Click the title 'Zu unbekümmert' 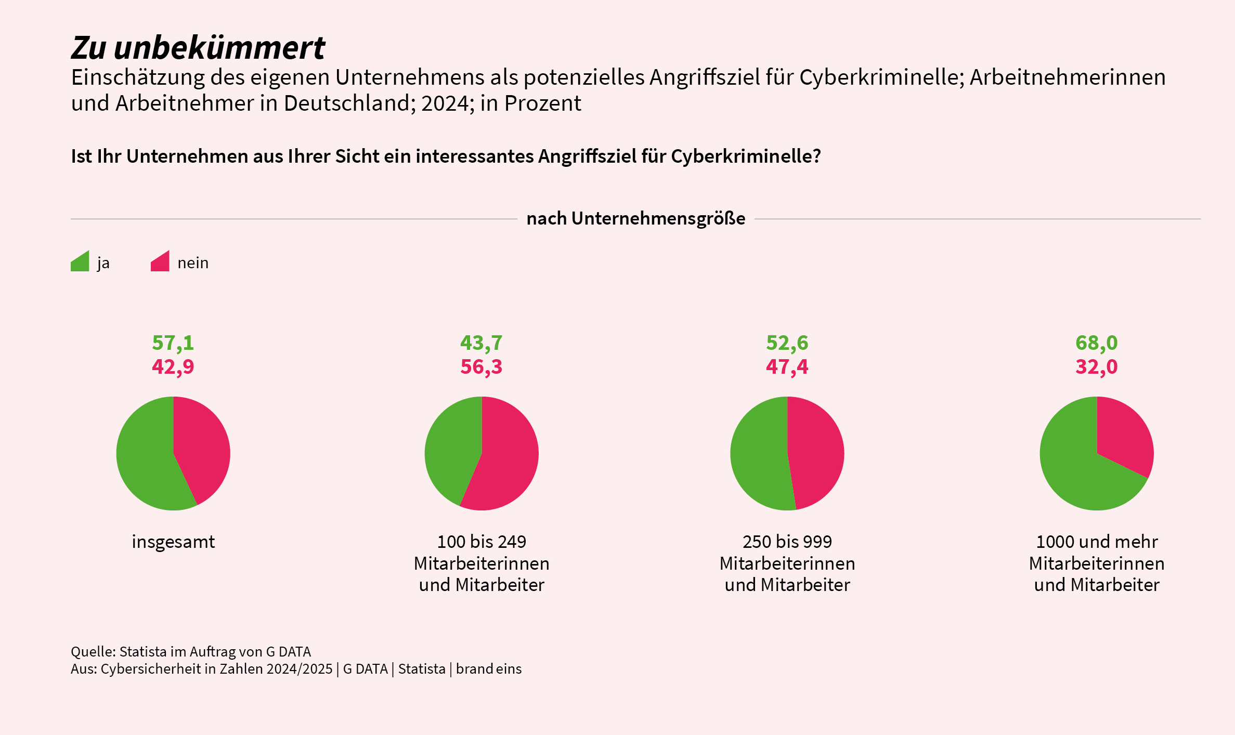coord(198,48)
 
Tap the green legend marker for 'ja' coord(80,262)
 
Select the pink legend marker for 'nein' coord(160,262)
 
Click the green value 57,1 coord(173,343)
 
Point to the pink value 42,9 coord(173,367)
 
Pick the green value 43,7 coord(481,343)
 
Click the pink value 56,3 coord(481,367)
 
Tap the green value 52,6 coord(787,343)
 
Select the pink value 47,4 coord(787,367)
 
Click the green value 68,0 coord(1096,343)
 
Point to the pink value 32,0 coord(1096,367)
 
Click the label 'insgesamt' coord(173,542)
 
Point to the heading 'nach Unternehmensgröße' coord(635,219)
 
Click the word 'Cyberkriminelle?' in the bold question coord(746,156)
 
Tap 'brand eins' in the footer coord(488,669)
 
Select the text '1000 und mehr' coord(1097,542)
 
